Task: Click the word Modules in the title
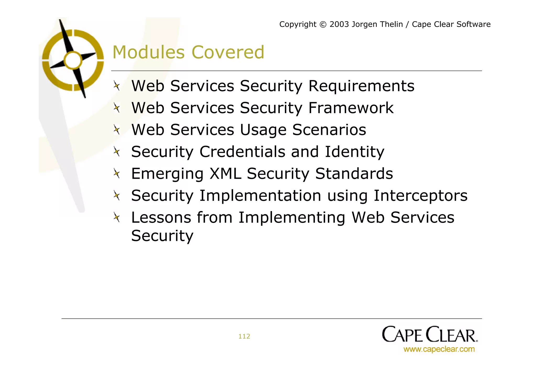pos(148,52)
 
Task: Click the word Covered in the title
pos(228,52)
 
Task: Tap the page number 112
pos(244,336)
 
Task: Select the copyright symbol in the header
pos(323,25)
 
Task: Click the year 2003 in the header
pos(339,24)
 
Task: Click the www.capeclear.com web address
pos(439,349)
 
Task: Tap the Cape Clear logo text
pos(429,334)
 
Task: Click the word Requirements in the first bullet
pos(361,86)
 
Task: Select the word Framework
pos(351,108)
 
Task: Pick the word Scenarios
pos(329,130)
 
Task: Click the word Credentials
pos(242,152)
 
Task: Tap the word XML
pos(225,174)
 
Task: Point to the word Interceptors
pos(420,196)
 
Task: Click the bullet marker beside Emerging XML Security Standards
pos(117,173)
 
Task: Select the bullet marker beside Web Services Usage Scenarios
pos(117,130)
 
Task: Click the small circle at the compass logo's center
pos(73,60)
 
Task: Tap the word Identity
pos(354,152)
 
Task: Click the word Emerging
pos(167,174)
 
